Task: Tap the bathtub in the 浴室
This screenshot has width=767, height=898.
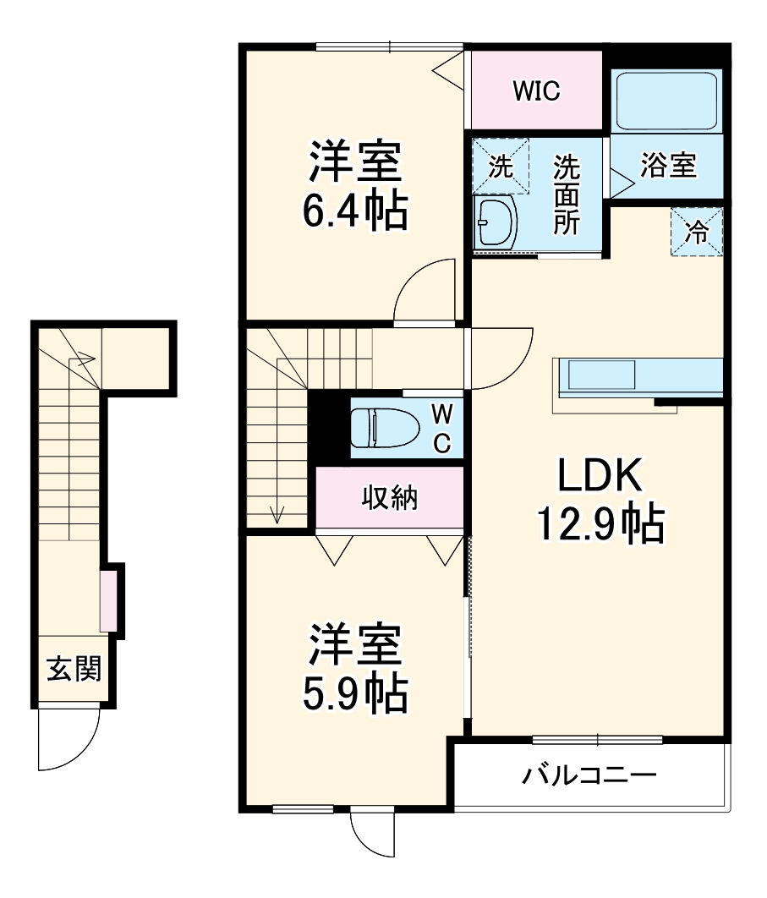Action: point(666,100)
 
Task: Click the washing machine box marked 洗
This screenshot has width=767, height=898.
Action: point(501,166)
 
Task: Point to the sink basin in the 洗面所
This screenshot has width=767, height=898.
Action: point(496,224)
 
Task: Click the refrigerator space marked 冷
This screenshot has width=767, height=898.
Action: point(697,231)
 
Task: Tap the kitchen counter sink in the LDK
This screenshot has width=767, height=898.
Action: point(601,374)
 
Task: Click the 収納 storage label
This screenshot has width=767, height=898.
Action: point(390,499)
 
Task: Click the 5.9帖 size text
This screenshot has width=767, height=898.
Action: point(355,693)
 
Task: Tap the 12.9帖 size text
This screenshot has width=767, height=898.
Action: point(600,524)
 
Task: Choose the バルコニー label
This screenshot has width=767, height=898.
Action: point(589,774)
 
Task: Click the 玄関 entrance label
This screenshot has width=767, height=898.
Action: point(74,669)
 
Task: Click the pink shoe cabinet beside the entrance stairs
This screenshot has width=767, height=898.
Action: point(108,601)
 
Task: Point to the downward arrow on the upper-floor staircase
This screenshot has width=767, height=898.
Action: point(277,512)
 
